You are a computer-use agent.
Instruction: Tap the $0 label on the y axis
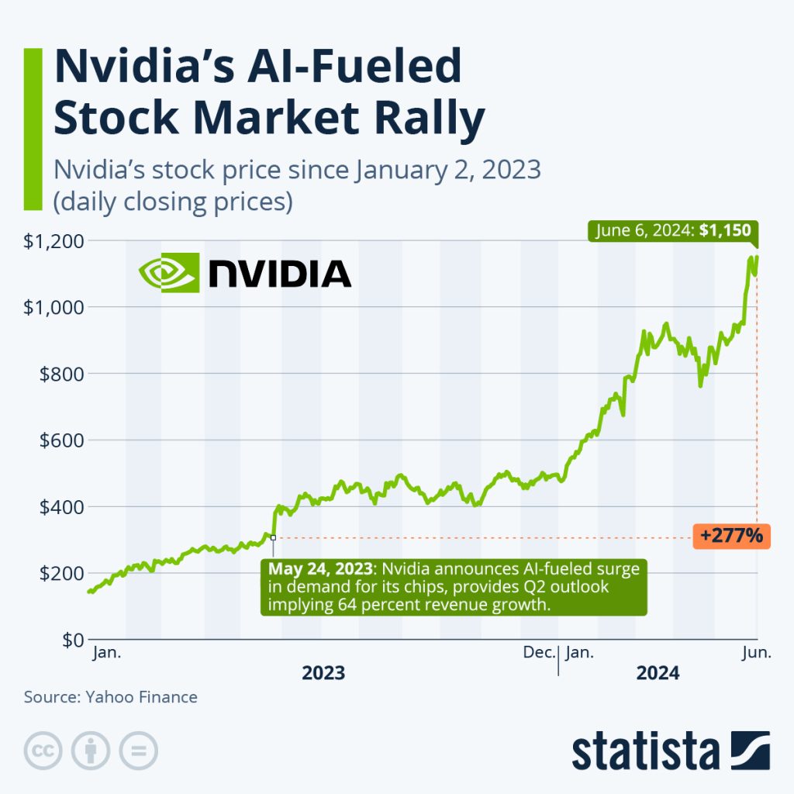tap(67, 640)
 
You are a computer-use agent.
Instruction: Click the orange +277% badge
tap(731, 535)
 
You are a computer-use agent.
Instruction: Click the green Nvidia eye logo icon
tap(169, 272)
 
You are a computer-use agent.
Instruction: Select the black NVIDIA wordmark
tap(280, 273)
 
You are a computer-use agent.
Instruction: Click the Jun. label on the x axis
tap(756, 653)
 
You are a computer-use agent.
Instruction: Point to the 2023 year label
tap(323, 673)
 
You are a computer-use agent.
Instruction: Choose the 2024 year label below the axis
tap(658, 673)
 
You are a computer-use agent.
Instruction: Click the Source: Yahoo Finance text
tap(111, 697)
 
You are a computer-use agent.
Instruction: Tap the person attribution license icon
tap(91, 751)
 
